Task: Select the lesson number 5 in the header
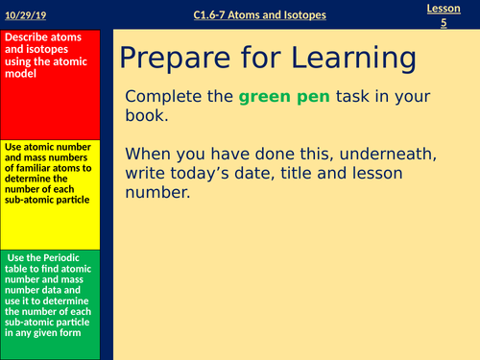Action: [444, 22]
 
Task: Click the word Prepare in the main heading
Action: [175, 60]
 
